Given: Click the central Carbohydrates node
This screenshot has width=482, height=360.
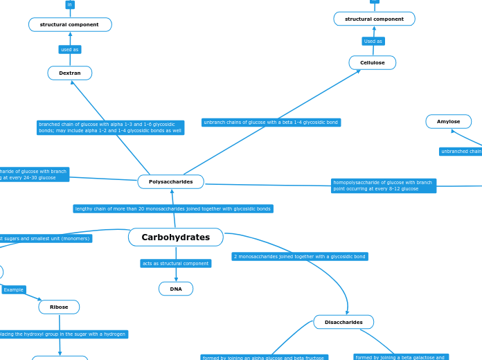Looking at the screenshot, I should tap(176, 237).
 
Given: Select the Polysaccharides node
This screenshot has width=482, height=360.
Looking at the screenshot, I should tap(170, 181).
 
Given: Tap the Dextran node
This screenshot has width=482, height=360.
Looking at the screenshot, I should tap(70, 73).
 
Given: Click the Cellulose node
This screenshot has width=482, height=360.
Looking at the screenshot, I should tap(372, 63).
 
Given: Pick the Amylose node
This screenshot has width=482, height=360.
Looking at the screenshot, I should tap(448, 122).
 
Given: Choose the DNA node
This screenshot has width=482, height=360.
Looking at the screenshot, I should tap(176, 289).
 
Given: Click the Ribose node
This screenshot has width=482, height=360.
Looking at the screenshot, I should tap(59, 307).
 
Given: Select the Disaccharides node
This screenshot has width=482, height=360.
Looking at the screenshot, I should tap(343, 322).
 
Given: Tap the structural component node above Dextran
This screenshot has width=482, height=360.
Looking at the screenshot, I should tap(70, 25).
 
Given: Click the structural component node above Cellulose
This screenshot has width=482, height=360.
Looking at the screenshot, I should tap(374, 19).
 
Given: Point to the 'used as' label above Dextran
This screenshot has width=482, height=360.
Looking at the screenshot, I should tap(69, 50).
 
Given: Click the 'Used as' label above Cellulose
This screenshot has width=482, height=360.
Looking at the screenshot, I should tap(373, 42).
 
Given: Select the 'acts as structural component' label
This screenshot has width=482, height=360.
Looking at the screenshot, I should tap(175, 264).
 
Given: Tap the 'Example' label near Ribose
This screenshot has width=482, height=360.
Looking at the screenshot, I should tap(13, 289).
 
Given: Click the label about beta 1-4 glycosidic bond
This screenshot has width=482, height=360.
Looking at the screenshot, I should tap(271, 123).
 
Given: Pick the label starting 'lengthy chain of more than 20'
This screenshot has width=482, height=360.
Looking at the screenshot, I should tap(173, 208).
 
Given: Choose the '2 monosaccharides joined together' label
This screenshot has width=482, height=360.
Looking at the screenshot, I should tap(300, 256).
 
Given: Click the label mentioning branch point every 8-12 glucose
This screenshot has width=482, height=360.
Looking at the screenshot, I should tap(383, 186).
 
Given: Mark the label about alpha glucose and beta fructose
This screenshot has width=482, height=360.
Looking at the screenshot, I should tap(264, 357).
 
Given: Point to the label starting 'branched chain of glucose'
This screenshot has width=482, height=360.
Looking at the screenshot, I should tap(110, 127).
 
